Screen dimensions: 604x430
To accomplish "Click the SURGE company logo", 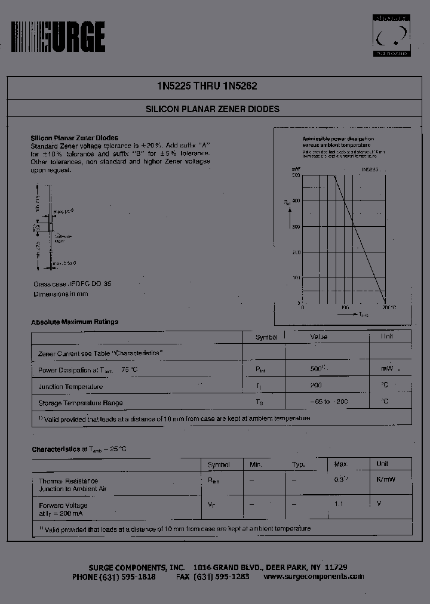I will coord(58,36).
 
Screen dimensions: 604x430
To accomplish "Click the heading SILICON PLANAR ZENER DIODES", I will coord(213,110).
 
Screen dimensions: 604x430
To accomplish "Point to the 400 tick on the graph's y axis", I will coord(296,201).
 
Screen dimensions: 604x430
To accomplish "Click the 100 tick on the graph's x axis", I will coord(345,308).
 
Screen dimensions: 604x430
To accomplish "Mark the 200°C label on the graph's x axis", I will coord(389,308).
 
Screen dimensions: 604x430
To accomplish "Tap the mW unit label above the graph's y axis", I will coord(296,170).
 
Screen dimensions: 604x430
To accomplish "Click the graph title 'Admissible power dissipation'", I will coord(338,138).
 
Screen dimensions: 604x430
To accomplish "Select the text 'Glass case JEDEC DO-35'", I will coord(72,284).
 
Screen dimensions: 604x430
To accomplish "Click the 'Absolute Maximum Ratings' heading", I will coord(75,322).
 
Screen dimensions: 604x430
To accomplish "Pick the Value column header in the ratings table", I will coord(319,337).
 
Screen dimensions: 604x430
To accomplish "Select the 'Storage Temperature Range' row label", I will coord(81,403).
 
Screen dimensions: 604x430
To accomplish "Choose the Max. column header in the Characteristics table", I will coord(341,464).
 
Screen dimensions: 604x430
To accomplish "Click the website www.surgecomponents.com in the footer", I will coord(314,577).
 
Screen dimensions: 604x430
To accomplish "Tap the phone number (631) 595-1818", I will coord(127,577).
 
